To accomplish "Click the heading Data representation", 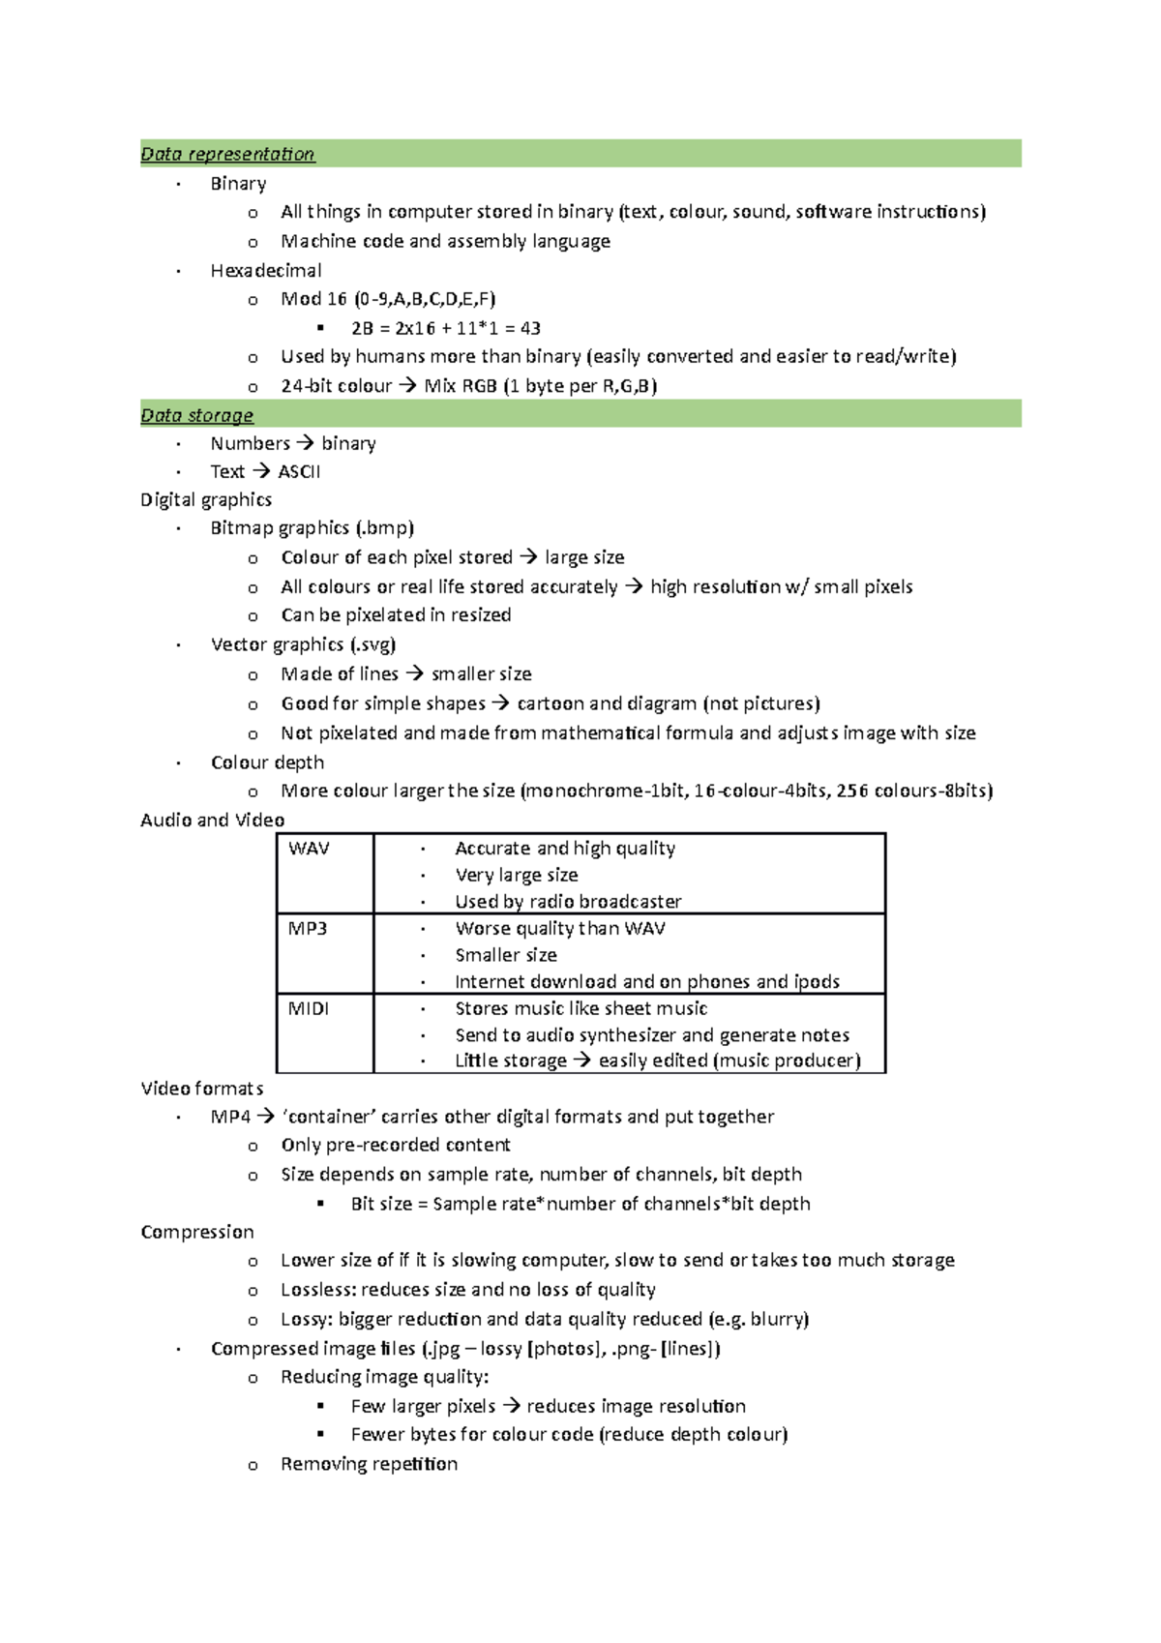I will pyautogui.click(x=227, y=154).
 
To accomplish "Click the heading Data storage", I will pyautogui.click(x=196, y=415).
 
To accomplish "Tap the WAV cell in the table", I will pyautogui.click(x=309, y=849).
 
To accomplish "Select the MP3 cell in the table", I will pyautogui.click(x=308, y=929).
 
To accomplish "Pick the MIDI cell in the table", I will pyautogui.click(x=309, y=1008).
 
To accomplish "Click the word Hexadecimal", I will pyautogui.click(x=266, y=270).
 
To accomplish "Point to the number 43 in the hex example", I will pyautogui.click(x=529, y=328).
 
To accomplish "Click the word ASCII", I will pyautogui.click(x=299, y=471).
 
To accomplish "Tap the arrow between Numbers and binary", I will pyautogui.click(x=305, y=443).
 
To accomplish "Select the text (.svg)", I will pyautogui.click(x=372, y=644).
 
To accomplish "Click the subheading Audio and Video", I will pyautogui.click(x=212, y=821).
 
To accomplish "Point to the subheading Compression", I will pyautogui.click(x=197, y=1232).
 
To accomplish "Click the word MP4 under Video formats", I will pyautogui.click(x=230, y=1117).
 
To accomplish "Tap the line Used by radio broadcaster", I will pyautogui.click(x=568, y=902).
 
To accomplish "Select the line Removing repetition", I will pyautogui.click(x=369, y=1464).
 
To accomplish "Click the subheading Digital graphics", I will pyautogui.click(x=206, y=499).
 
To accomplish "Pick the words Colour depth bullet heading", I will pyautogui.click(x=267, y=762).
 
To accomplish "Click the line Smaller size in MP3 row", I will pyautogui.click(x=506, y=955).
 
